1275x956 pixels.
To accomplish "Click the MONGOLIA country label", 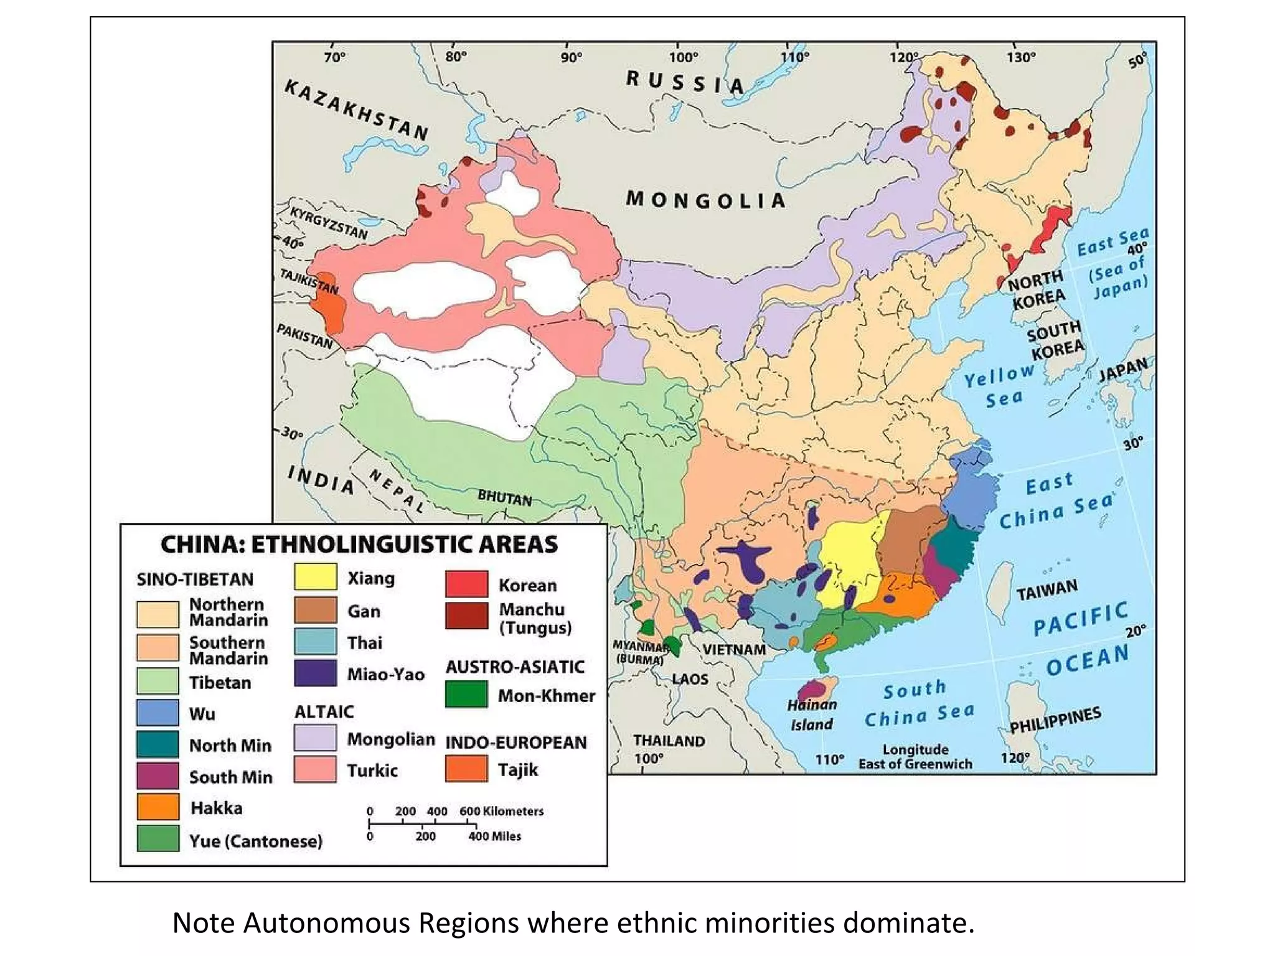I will (705, 200).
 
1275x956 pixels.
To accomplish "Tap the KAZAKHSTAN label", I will (356, 110).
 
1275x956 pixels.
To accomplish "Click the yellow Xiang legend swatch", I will (316, 577).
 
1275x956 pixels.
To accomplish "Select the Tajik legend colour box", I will (466, 769).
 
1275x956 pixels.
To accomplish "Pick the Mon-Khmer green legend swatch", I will (466, 695).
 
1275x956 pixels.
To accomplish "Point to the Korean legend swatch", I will (466, 584).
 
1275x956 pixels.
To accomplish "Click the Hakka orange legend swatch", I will (158, 807).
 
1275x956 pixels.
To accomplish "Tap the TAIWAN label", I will (1047, 589).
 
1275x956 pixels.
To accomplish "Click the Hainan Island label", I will (811, 715).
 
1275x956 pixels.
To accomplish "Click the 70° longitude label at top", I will (334, 57).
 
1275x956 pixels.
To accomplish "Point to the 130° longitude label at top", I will (1021, 57).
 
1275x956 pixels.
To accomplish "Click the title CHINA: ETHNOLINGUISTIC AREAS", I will (359, 545).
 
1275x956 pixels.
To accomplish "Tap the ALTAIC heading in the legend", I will (324, 711).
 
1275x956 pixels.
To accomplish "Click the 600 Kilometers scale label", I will (501, 811).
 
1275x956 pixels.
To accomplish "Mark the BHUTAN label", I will (504, 499).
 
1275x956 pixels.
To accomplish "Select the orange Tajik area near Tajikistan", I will (329, 303).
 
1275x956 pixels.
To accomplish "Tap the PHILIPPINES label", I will (1055, 720).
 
